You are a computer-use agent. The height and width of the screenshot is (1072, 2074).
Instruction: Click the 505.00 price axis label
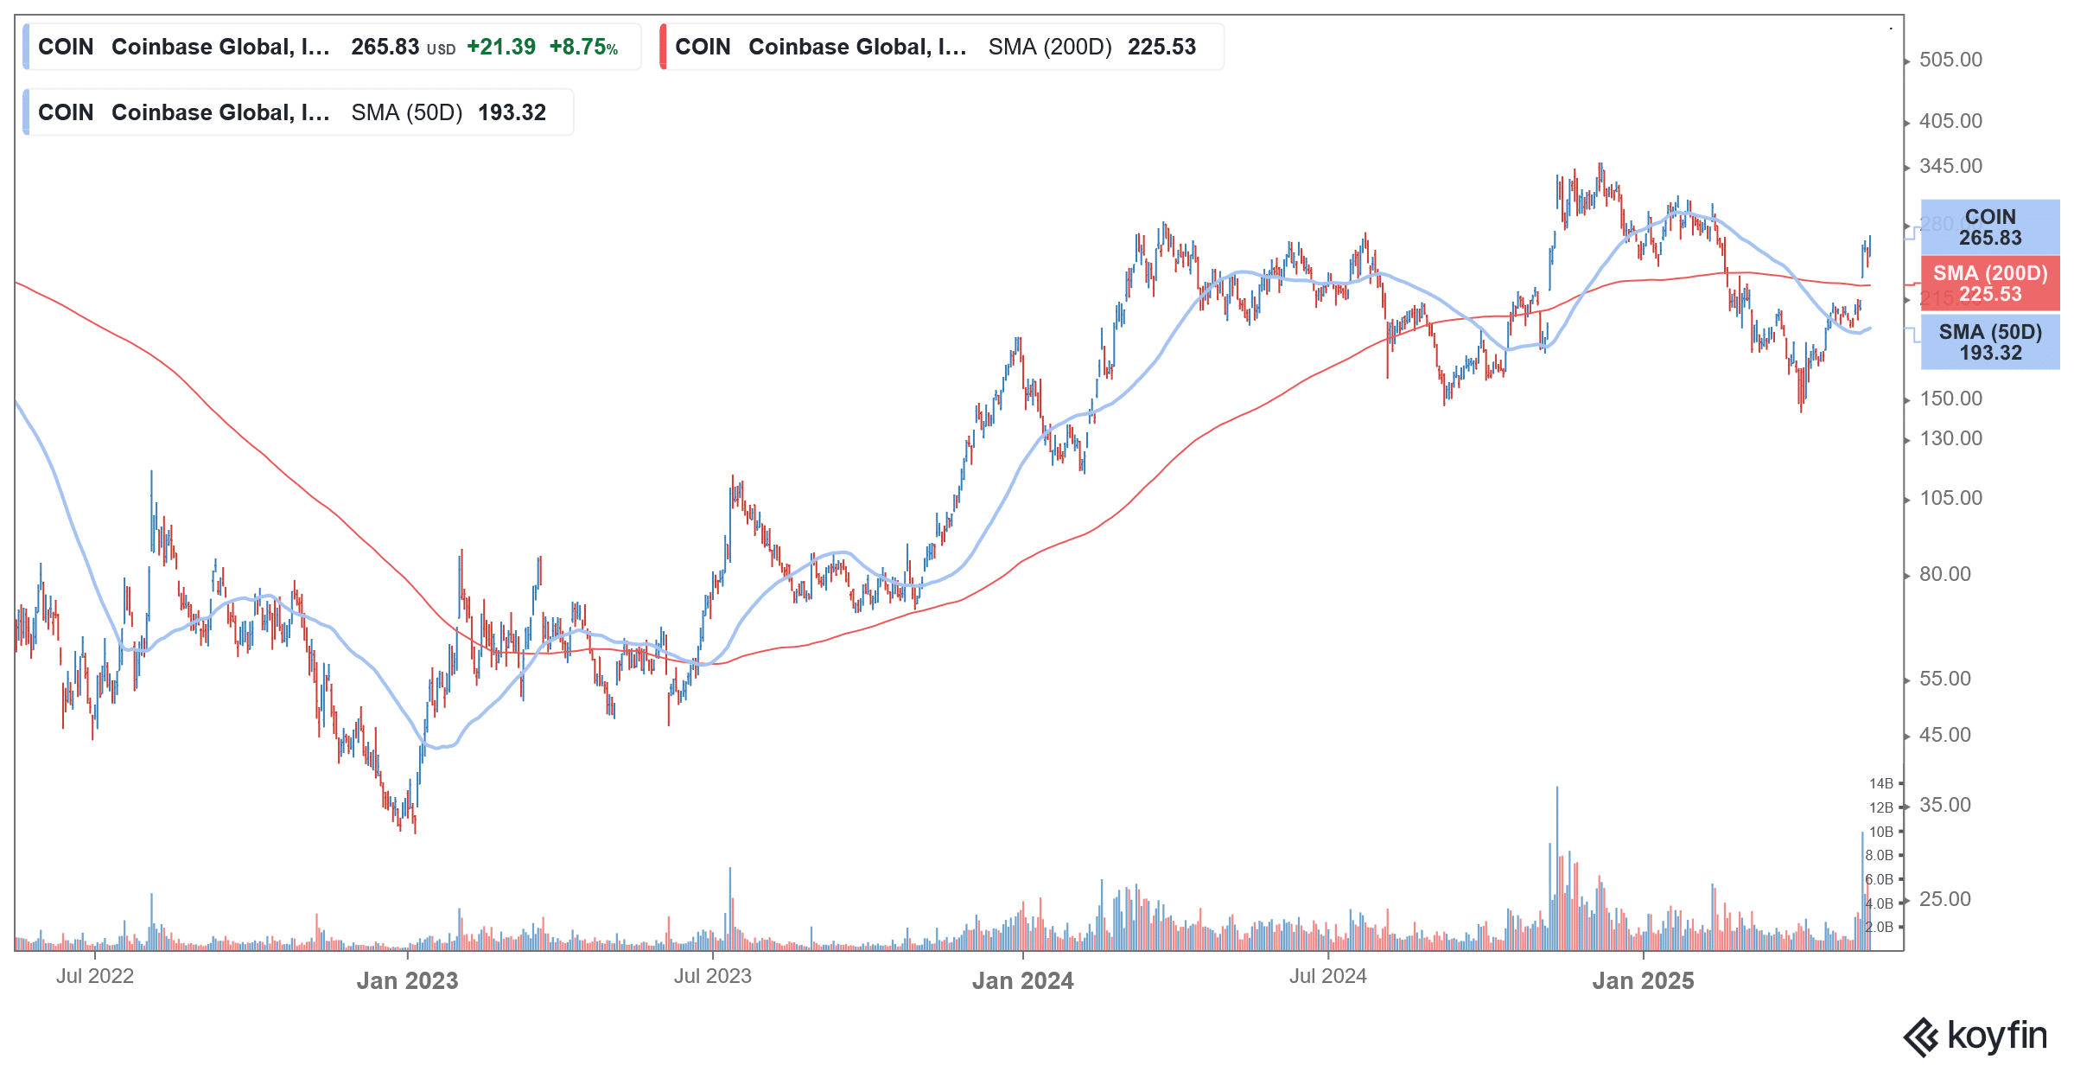point(1950,60)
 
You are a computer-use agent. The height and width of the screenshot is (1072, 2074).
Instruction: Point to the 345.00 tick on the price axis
point(1950,166)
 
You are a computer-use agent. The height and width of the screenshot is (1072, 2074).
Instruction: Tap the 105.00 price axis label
point(1950,498)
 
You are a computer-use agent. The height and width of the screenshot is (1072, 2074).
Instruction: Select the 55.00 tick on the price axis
point(1944,679)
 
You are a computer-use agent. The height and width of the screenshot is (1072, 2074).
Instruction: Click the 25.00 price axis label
point(1944,899)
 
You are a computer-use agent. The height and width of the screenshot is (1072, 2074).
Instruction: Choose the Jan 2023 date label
point(407,980)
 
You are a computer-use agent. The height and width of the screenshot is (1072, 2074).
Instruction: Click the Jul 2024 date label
point(1327,976)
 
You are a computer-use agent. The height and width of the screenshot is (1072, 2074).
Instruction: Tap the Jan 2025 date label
point(1643,980)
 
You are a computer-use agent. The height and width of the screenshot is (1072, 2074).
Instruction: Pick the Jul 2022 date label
point(95,976)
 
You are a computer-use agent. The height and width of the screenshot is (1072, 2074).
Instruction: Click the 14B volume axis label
point(1880,783)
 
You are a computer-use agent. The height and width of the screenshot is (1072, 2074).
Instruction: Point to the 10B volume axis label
point(1880,832)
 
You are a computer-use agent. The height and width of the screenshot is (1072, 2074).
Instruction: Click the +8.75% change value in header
point(583,47)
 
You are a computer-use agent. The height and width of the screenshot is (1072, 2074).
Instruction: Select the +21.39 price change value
point(501,47)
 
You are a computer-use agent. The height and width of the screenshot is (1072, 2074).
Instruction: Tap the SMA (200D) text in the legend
point(1050,47)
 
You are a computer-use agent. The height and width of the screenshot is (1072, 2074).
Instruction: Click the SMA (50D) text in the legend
point(407,112)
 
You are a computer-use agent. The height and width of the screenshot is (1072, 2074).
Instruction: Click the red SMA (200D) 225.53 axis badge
point(1989,284)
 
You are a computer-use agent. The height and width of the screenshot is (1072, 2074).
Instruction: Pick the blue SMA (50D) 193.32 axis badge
point(1989,342)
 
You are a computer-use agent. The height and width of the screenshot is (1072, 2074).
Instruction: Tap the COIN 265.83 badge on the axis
point(1989,227)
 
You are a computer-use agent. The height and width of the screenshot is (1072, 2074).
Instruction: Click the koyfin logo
point(1975,1036)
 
